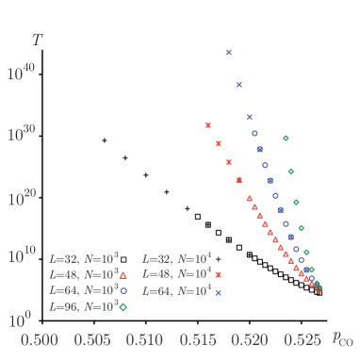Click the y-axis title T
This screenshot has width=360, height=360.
tap(36, 40)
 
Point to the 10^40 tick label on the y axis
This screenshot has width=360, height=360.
tap(22, 72)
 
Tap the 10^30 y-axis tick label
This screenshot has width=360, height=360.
tap(22, 134)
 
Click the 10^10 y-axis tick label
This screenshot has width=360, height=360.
tap(22, 257)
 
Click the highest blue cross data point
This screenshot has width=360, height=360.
tap(228, 53)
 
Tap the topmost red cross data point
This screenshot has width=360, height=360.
tap(207, 125)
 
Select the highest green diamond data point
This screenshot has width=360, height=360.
tap(286, 139)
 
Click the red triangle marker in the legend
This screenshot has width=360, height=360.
tap(123, 273)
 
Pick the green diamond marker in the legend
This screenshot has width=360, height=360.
tap(123, 307)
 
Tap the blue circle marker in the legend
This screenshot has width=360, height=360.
tap(123, 290)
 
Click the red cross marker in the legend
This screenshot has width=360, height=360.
tap(219, 273)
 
